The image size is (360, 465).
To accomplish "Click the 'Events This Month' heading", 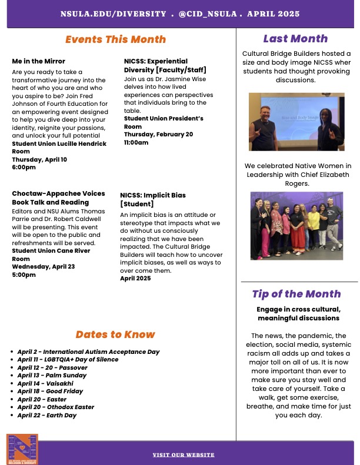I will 115,39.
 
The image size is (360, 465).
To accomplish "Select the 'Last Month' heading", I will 295,39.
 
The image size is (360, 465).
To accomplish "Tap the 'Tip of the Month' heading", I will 296,294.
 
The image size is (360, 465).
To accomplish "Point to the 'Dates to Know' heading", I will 115,334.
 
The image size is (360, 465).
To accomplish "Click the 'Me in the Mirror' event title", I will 39,61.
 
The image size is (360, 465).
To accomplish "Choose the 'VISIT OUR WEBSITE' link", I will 184,455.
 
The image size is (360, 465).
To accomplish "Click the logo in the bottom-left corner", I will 22,450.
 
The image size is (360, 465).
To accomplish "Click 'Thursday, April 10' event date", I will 39,159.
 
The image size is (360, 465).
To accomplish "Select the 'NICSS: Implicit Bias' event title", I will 153,196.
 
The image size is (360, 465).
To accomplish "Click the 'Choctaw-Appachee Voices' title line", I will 58,193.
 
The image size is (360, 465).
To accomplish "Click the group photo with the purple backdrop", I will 296,226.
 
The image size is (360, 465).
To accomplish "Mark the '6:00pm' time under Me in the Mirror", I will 24,168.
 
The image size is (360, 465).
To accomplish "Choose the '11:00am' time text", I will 136,142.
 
